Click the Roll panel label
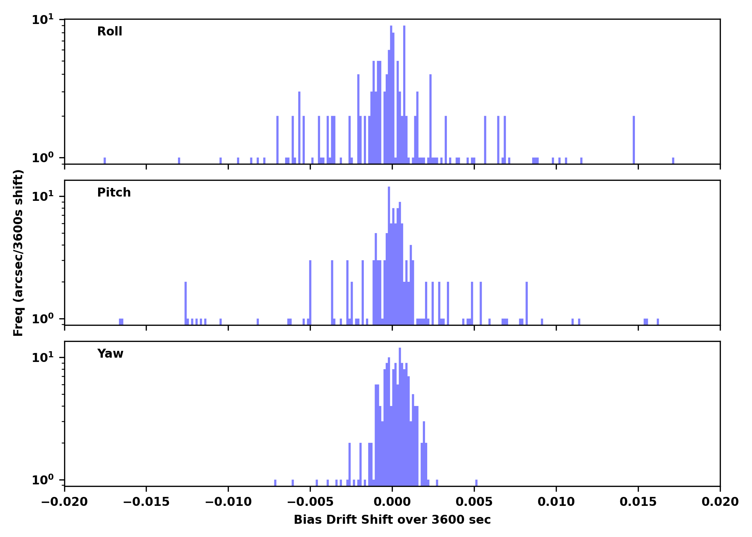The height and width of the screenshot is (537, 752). coord(110,32)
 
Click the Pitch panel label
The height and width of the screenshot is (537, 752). coord(114,193)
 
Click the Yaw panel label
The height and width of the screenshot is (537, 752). coord(110,354)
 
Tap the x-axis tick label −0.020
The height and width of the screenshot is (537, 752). coord(64,502)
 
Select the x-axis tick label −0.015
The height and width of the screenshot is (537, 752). coord(146,502)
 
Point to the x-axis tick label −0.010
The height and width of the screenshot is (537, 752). coord(228,502)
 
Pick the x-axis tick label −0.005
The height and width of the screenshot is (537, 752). coord(310,502)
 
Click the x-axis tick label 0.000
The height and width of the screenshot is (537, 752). coord(392,502)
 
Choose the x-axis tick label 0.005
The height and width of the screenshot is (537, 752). coord(474,502)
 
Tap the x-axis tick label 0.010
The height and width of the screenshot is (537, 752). coord(556,502)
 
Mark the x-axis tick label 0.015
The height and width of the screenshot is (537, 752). coord(638,502)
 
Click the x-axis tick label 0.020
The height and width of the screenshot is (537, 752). coord(720,502)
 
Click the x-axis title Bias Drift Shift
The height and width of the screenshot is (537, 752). coord(392,520)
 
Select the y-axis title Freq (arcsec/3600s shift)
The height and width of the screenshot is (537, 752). coord(18,252)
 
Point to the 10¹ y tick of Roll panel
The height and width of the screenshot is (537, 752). coord(43,20)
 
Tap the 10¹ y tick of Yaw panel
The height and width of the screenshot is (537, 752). coord(43,358)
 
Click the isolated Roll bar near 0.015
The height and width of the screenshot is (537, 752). coord(634,140)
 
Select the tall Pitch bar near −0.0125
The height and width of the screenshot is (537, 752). coord(185,303)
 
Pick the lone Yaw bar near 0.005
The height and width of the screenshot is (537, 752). coord(476,483)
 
